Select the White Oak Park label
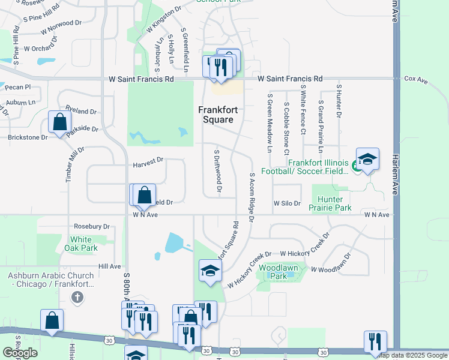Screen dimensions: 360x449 tap(81, 243)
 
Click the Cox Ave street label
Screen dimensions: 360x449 tap(415, 79)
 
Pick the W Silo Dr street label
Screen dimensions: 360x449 tap(287, 203)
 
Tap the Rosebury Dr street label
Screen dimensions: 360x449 tap(91, 227)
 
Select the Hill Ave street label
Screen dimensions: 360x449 tap(110, 266)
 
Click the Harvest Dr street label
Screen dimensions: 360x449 tap(148, 160)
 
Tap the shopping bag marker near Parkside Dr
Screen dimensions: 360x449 tap(61, 122)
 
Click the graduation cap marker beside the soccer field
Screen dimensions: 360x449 tap(367, 160)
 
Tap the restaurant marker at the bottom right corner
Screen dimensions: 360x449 tap(375, 341)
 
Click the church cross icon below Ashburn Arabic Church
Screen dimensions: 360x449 tap(76, 297)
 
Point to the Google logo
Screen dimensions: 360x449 tap(20, 353)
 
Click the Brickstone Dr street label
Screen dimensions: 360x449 tap(28, 137)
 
